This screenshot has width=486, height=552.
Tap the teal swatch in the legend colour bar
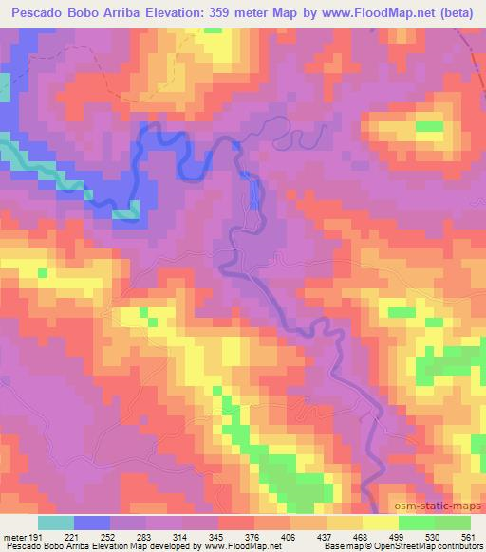coord(56,523)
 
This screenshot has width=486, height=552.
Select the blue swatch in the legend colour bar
coord(92,523)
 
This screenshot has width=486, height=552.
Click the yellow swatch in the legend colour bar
coord(380,523)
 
